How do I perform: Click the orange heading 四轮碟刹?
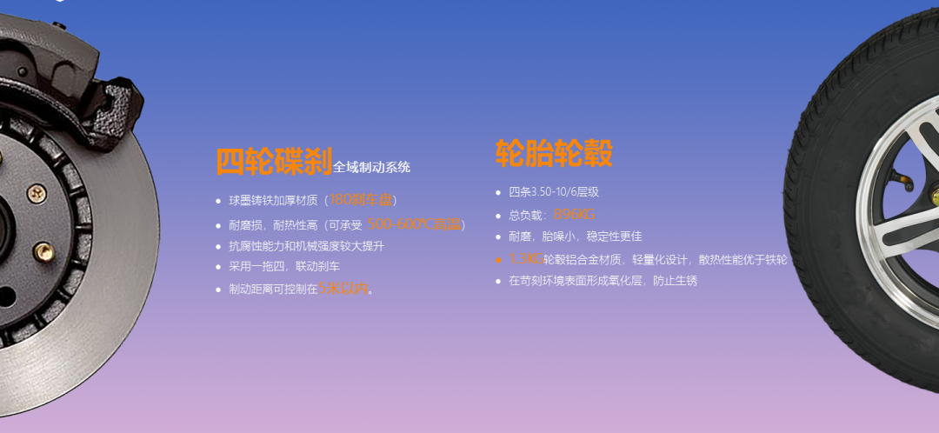click(x=273, y=162)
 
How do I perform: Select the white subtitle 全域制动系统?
click(x=371, y=167)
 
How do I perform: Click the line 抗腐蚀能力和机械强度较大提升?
click(x=306, y=246)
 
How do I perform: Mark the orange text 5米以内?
click(x=343, y=289)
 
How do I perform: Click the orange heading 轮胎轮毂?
click(x=554, y=153)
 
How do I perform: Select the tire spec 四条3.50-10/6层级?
click(x=554, y=192)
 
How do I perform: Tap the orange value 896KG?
click(x=575, y=215)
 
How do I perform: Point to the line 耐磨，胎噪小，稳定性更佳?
click(x=575, y=236)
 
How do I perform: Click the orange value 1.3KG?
click(x=526, y=259)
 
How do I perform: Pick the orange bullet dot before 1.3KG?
click(x=498, y=259)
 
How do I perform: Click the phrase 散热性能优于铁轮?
click(x=743, y=259)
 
